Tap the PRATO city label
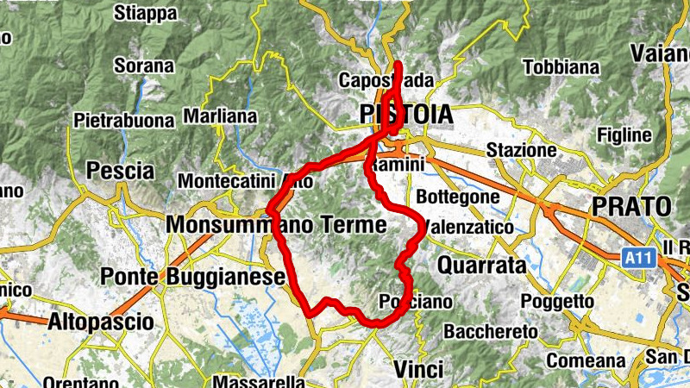tap(631, 207)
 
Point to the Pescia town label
tap(121, 171)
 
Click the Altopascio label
tap(102, 322)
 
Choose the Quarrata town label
tap(482, 266)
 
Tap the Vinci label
tap(417, 369)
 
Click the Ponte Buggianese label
tap(193, 277)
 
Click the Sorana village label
tap(144, 66)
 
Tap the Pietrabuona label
tap(124, 120)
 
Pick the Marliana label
tap(220, 116)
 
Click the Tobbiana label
tap(561, 66)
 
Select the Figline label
tap(624, 135)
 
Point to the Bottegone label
tap(457, 197)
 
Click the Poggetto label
tap(557, 302)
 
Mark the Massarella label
tap(259, 381)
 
